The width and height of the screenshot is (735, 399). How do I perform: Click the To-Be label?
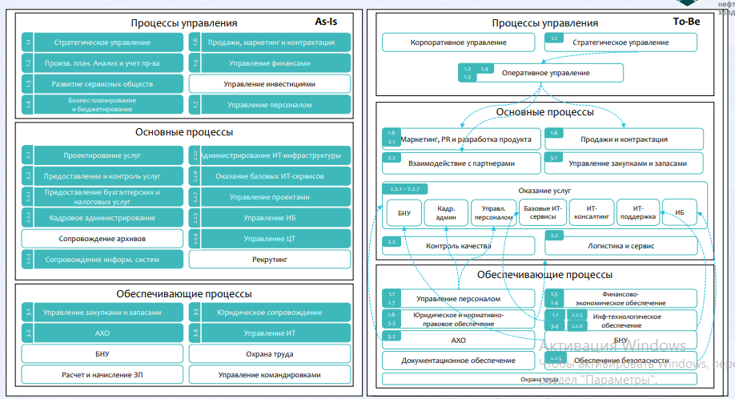pyautogui.click(x=687, y=21)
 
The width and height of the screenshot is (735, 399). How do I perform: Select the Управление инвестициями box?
pyautogui.click(x=269, y=83)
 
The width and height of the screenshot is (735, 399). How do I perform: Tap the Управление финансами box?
pyautogui.click(x=269, y=62)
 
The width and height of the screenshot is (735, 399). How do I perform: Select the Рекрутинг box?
pyautogui.click(x=269, y=259)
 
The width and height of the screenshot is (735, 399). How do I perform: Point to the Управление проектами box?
pyautogui.click(x=269, y=196)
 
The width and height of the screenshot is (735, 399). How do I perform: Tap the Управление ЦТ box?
pyautogui.click(x=269, y=238)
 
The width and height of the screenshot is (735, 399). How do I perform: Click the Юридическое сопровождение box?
pyautogui.click(x=269, y=312)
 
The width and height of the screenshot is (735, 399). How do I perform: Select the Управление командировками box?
pyautogui.click(x=269, y=374)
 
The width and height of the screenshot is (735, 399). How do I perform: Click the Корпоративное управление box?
pyautogui.click(x=458, y=42)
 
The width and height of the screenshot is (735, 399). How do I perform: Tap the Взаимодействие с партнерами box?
pyautogui.click(x=458, y=163)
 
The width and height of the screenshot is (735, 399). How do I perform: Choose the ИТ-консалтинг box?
pyautogui.click(x=592, y=212)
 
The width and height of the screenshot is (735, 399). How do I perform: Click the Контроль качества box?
pyautogui.click(x=458, y=246)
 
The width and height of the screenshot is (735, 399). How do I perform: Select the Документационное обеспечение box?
pyautogui.click(x=458, y=361)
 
